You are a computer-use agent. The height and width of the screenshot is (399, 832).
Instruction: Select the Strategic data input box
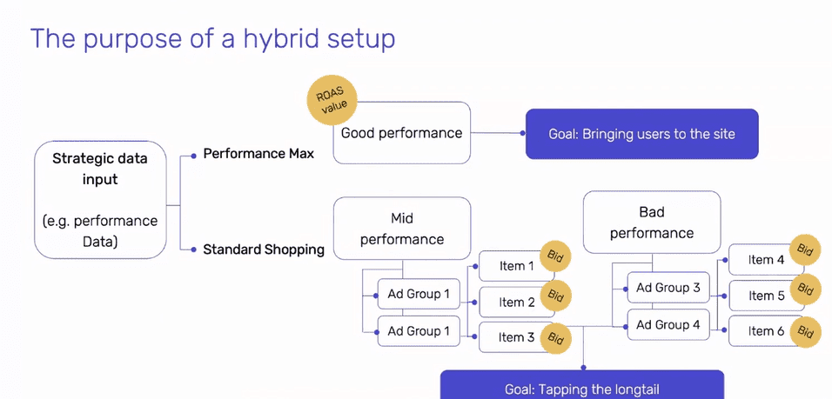click(x=100, y=200)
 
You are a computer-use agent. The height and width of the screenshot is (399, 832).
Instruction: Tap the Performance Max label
click(x=259, y=154)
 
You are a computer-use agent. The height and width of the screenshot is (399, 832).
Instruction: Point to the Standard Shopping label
click(x=264, y=249)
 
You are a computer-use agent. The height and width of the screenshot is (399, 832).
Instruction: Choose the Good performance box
click(x=402, y=133)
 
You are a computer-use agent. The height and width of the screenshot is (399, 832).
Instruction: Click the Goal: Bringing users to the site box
click(x=642, y=134)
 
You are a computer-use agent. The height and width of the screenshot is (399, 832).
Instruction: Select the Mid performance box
click(x=402, y=229)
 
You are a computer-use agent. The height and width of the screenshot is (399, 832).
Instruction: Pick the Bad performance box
click(x=652, y=222)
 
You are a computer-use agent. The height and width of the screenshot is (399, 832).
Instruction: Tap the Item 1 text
click(x=516, y=266)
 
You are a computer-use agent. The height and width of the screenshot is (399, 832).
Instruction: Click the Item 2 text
click(x=516, y=302)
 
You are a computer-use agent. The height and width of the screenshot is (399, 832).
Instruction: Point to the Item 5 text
click(x=766, y=296)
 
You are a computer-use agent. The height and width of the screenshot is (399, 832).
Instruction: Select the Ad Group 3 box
click(x=668, y=288)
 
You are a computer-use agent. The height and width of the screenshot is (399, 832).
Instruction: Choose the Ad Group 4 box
click(x=668, y=324)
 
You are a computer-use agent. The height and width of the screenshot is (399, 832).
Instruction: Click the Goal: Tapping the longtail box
click(x=582, y=385)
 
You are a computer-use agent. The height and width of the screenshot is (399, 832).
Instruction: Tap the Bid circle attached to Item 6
click(x=806, y=332)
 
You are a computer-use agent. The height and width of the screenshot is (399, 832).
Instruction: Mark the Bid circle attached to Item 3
click(x=555, y=337)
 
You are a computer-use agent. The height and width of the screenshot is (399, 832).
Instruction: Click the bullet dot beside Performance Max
click(x=194, y=155)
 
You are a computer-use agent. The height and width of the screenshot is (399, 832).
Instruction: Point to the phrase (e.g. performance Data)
click(x=100, y=231)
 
